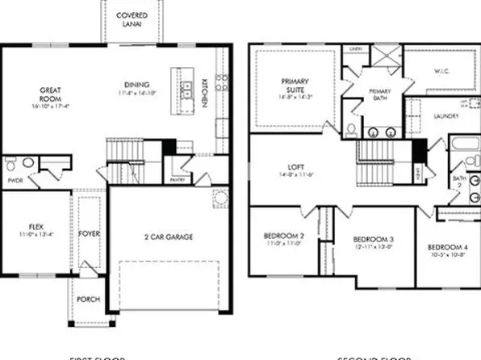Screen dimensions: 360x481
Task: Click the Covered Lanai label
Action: point(132,20)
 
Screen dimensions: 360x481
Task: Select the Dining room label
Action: point(137,86)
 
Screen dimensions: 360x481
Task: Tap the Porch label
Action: point(88,299)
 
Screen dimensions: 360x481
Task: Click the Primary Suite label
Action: point(296,87)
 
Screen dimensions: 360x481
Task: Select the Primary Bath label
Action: point(379,94)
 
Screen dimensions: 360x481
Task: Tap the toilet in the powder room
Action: point(10,165)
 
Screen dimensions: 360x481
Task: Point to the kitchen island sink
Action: point(186,90)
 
